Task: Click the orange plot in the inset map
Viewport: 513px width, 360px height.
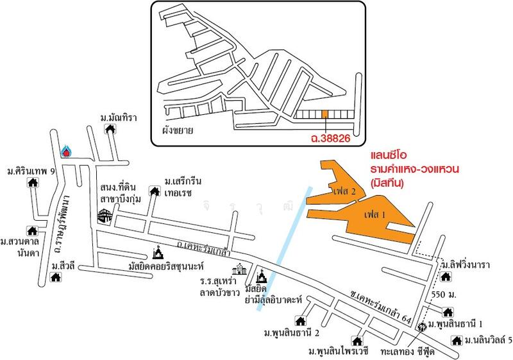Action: pos(325,114)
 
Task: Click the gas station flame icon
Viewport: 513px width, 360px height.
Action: pos(65,151)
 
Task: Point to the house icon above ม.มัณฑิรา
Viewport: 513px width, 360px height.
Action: pos(111,129)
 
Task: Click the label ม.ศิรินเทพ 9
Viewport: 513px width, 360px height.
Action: pos(31,172)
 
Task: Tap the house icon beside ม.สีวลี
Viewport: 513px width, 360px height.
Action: pos(56,277)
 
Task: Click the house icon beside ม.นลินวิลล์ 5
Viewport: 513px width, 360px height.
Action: pos(456,339)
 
